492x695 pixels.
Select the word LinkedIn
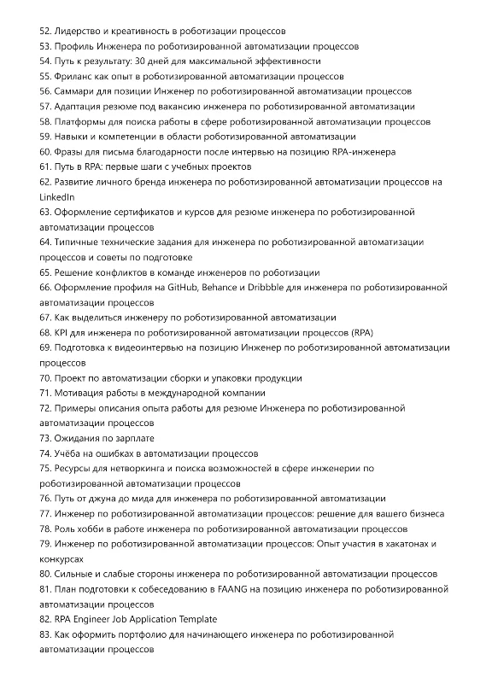[57, 196]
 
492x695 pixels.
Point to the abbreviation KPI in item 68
[62, 332]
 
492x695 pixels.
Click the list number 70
[45, 377]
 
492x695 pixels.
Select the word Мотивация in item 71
[80, 393]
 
